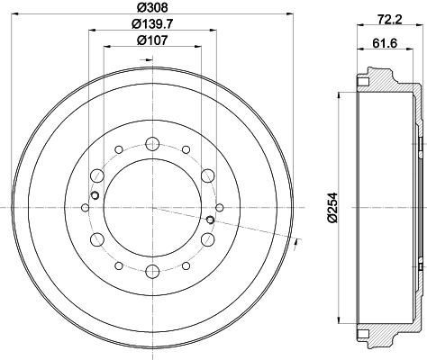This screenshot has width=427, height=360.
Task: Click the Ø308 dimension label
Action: tap(152, 7)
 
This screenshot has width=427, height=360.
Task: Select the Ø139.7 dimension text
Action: tap(152, 23)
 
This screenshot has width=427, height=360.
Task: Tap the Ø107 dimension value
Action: tap(152, 40)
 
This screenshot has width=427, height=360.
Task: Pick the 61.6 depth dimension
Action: tap(385, 43)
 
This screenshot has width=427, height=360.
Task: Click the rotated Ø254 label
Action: tap(332, 208)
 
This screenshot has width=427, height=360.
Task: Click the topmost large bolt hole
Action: tap(152, 144)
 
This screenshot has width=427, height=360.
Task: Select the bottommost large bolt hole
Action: tap(152, 272)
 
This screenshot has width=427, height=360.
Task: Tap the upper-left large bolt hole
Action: tap(97, 175)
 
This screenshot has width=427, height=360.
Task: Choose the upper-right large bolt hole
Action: tap(208, 175)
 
